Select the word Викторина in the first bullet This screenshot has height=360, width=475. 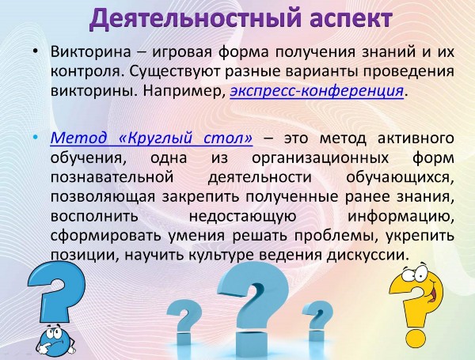tap(90, 51)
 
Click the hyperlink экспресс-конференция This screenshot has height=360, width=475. tap(317, 90)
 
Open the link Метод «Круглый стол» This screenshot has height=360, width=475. tap(151, 138)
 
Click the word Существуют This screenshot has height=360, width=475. tap(174, 71)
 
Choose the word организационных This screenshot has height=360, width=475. tap(320, 158)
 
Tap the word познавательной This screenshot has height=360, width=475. tap(112, 176)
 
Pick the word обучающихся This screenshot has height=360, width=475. tap(400, 178)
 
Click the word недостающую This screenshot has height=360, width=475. tap(242, 217)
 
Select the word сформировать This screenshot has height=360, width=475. tap(105, 236)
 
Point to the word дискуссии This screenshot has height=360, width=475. tap(367, 256)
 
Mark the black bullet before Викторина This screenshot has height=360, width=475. tap(36, 51)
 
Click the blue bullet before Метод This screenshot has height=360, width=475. tap(36, 138)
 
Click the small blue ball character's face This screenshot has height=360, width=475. tap(55, 339)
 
